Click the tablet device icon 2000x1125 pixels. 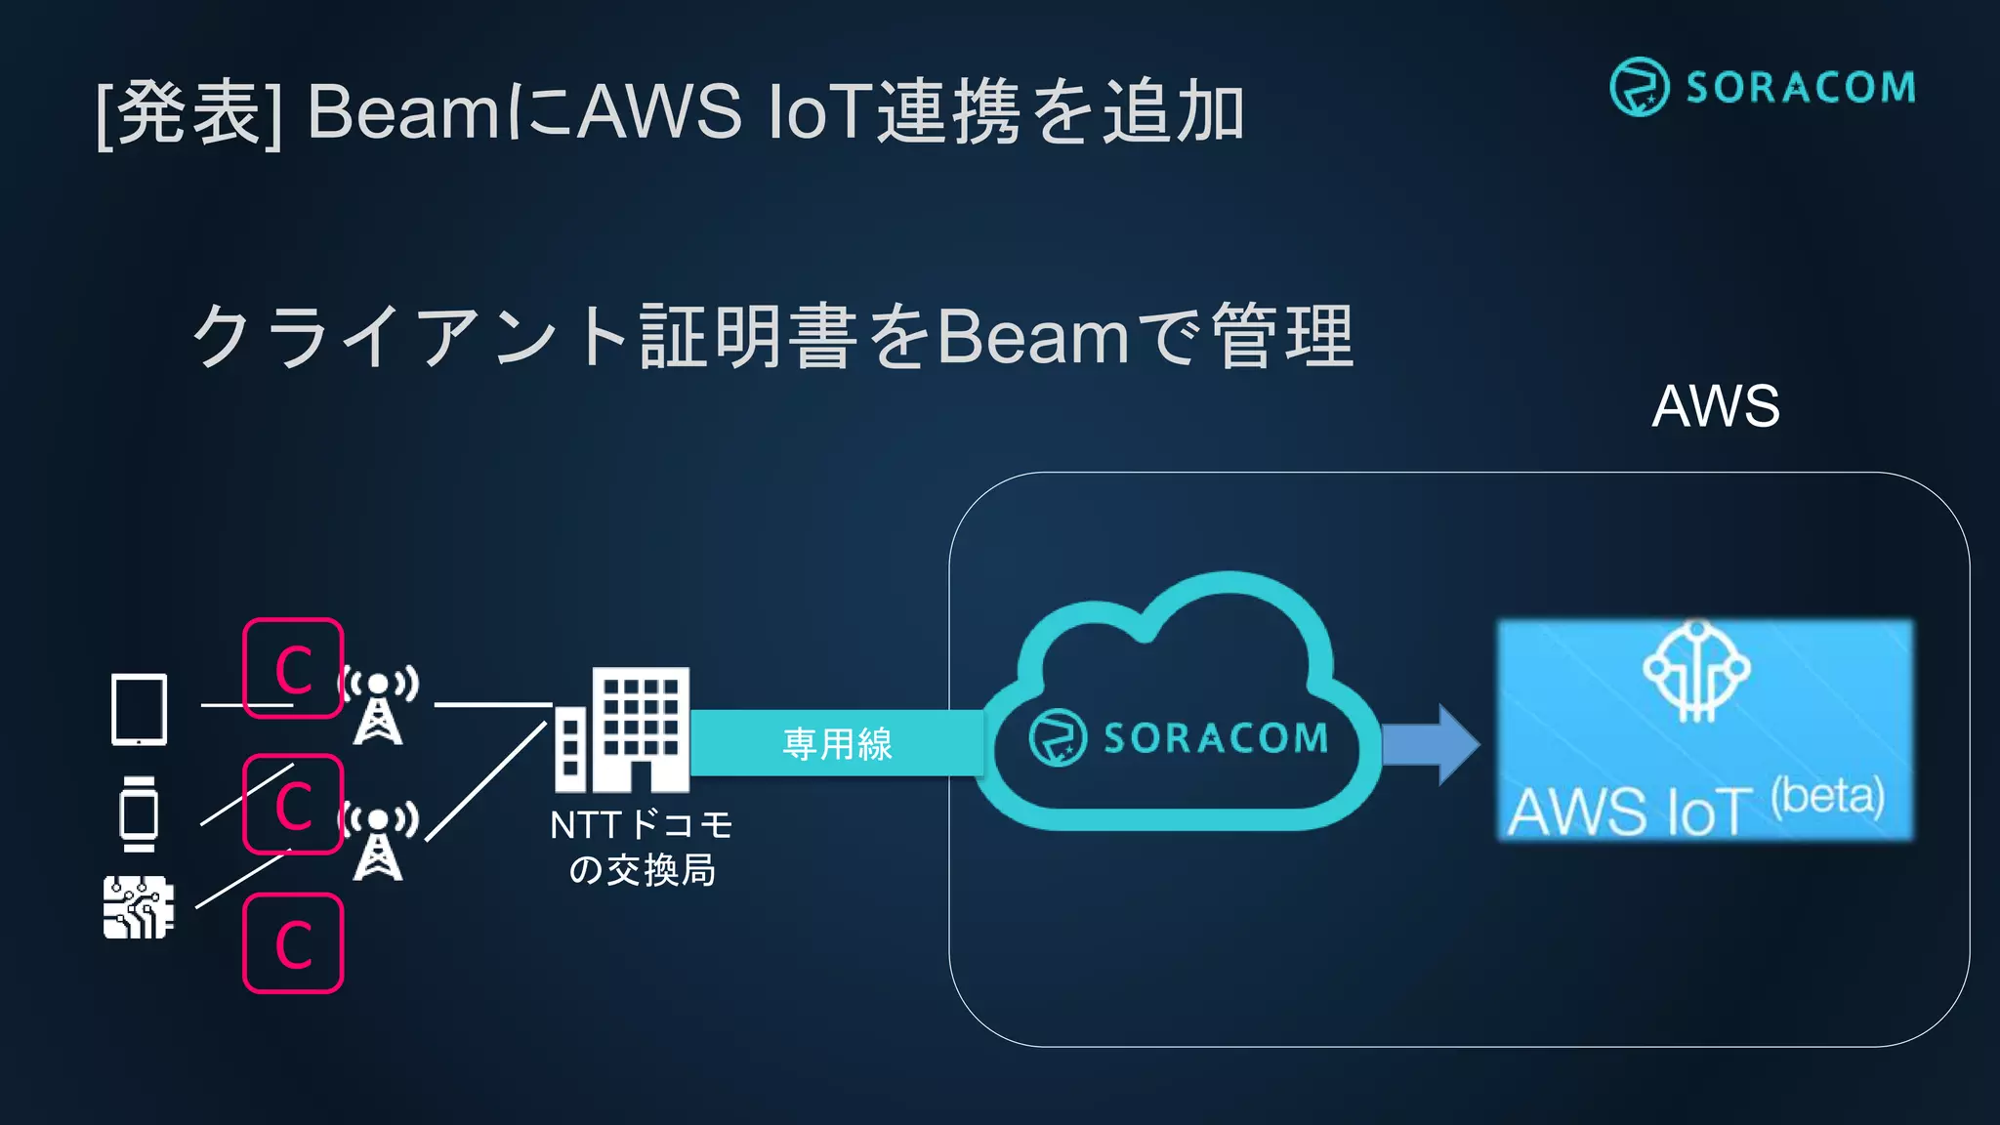[x=139, y=709]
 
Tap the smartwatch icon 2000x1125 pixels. [x=139, y=813]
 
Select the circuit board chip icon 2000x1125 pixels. [x=139, y=907]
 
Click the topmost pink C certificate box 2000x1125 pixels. [x=293, y=668]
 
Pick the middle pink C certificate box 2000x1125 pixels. [x=293, y=804]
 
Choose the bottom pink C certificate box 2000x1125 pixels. [x=293, y=943]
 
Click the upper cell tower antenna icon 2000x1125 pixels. [x=379, y=705]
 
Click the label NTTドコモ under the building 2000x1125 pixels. [x=642, y=826]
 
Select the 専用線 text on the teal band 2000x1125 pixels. [x=837, y=744]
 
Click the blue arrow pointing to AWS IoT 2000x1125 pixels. [x=1431, y=744]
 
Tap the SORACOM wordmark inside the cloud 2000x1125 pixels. [x=1216, y=738]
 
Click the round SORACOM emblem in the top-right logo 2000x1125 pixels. [x=1639, y=87]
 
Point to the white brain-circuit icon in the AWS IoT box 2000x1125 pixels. [x=1696, y=672]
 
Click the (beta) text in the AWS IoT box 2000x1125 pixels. [x=1827, y=796]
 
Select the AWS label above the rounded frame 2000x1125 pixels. [x=1716, y=406]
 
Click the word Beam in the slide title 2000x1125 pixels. [x=403, y=111]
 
